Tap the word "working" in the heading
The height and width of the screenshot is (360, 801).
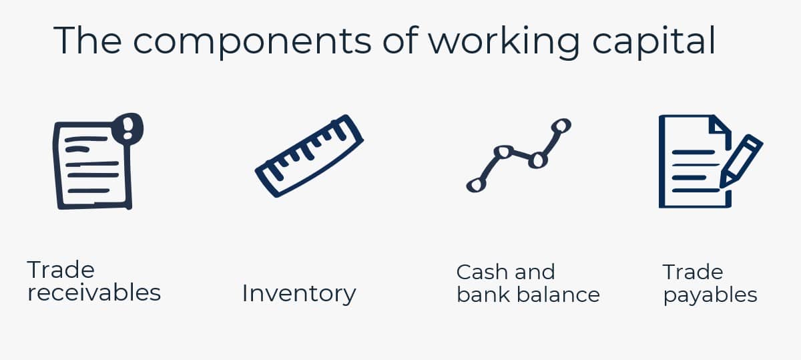(x=504, y=41)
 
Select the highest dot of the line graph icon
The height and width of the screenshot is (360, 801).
(x=561, y=125)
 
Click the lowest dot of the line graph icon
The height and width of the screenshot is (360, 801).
(x=475, y=184)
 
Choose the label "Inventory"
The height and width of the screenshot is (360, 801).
(x=299, y=293)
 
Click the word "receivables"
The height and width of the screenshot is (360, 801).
(x=94, y=293)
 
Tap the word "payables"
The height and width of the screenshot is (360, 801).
(x=710, y=295)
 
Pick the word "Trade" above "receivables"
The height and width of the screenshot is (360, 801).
(x=61, y=270)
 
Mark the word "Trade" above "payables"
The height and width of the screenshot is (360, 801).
(x=692, y=272)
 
